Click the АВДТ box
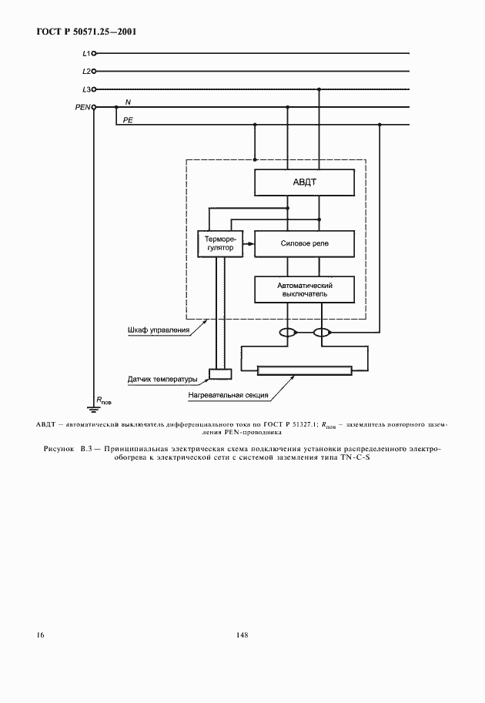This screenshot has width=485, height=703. point(304,183)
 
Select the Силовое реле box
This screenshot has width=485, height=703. point(304,244)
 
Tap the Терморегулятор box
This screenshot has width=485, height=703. point(219,244)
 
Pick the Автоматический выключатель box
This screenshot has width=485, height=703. point(304,289)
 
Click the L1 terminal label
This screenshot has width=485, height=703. point(85,54)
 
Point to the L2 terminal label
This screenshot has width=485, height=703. point(85,72)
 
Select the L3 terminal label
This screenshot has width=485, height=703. point(85,89)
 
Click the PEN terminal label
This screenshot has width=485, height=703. point(82,108)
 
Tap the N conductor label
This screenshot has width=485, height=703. point(127,102)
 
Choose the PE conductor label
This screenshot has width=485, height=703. point(129,119)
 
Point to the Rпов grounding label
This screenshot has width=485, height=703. point(103,400)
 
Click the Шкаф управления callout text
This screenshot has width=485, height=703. point(157,330)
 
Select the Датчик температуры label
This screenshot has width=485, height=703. point(162,379)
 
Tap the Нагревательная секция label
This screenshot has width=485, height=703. point(228,396)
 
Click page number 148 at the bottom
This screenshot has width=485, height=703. point(242,635)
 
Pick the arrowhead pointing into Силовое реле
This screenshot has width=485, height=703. point(250,244)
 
